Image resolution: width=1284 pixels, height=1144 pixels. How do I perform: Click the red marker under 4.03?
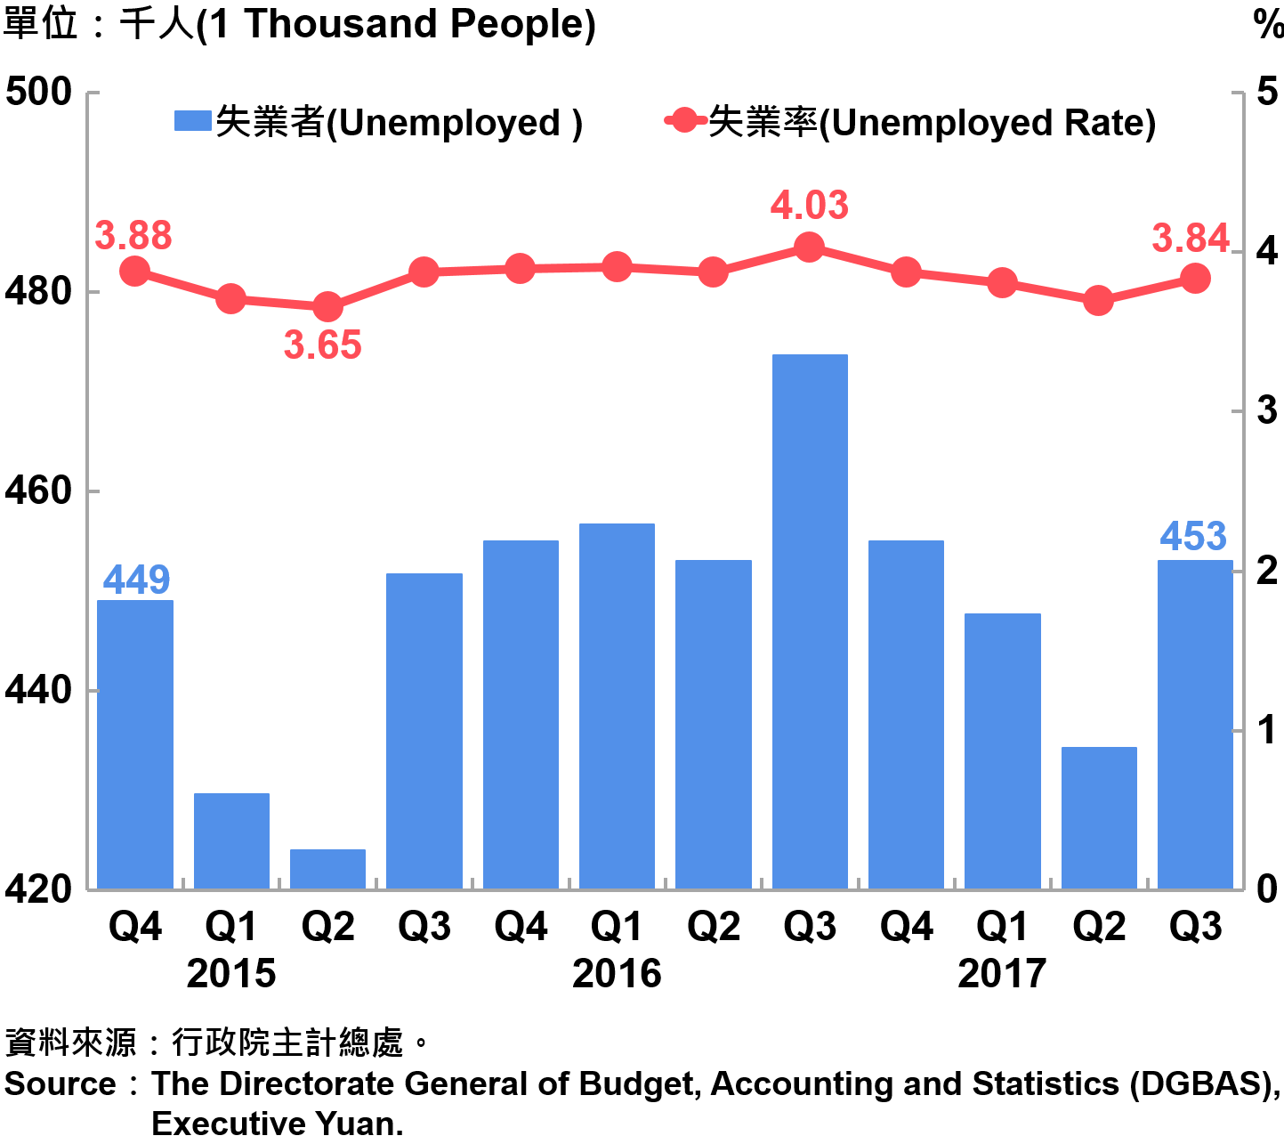tap(809, 247)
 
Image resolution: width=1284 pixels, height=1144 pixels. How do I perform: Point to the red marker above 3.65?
tap(327, 307)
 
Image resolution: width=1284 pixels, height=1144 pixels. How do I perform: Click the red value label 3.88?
tap(133, 236)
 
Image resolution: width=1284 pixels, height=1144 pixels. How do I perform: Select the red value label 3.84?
tap(1191, 239)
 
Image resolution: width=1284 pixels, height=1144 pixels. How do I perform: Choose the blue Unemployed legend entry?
tap(379, 123)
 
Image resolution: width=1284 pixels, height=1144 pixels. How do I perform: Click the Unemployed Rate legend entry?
tap(911, 123)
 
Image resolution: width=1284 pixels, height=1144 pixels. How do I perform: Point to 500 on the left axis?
tap(39, 92)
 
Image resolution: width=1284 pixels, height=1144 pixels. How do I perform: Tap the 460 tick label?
tap(39, 491)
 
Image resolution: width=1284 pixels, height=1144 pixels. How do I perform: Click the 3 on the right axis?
tap(1266, 410)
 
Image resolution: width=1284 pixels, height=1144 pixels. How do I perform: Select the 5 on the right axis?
tap(1266, 92)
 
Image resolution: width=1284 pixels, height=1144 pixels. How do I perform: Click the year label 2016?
tap(617, 973)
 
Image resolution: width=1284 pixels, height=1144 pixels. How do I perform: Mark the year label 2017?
tap(1002, 973)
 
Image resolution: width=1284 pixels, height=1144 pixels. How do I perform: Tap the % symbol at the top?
tap(1268, 24)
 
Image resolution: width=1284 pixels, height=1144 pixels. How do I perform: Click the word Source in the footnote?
tap(61, 1084)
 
